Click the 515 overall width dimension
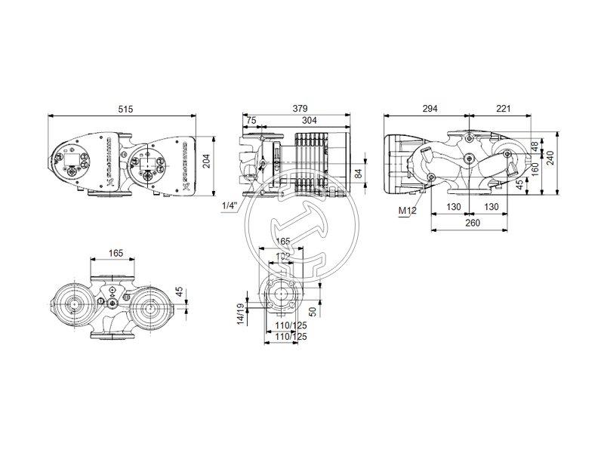(125, 109)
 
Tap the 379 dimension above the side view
(300, 109)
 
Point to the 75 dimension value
(251, 120)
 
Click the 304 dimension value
(310, 120)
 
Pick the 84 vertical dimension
(359, 173)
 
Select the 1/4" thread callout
(228, 205)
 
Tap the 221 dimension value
(503, 109)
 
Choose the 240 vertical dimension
(550, 159)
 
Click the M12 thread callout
(407, 211)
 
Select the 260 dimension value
(471, 223)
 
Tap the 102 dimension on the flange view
(283, 256)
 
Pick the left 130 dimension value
(453, 207)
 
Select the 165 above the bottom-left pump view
(116, 254)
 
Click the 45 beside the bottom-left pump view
(179, 291)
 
